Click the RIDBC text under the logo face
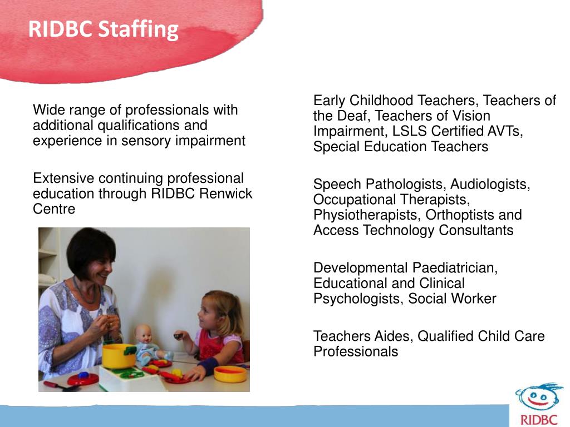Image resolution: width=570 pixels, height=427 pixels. coord(538,419)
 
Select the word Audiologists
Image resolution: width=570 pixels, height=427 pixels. coord(490,184)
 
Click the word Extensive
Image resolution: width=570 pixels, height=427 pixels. coord(63,178)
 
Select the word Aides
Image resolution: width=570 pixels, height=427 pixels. coord(394,336)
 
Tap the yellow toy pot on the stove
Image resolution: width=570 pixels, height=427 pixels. coord(118,356)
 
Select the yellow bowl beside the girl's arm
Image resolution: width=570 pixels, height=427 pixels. coord(230,373)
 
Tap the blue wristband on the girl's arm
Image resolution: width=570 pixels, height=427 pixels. coord(208,366)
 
